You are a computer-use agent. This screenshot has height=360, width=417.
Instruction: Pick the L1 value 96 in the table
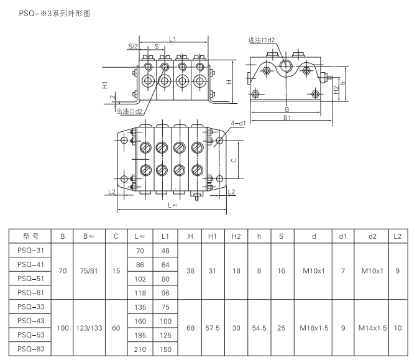pyautogui.click(x=165, y=293)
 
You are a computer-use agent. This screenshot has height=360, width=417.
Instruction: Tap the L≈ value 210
pyautogui.click(x=139, y=350)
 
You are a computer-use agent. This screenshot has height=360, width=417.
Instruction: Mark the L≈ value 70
pyautogui.click(x=139, y=250)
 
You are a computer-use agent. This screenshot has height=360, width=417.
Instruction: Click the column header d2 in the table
pyautogui.click(x=373, y=236)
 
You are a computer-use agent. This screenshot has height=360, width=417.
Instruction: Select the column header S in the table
pyautogui.click(x=282, y=236)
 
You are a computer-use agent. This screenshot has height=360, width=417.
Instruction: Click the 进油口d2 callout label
pyautogui.click(x=262, y=40)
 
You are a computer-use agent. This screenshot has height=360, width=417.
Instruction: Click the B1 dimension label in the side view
pyautogui.click(x=287, y=117)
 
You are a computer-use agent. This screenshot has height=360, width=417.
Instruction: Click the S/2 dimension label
pyautogui.click(x=133, y=47)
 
